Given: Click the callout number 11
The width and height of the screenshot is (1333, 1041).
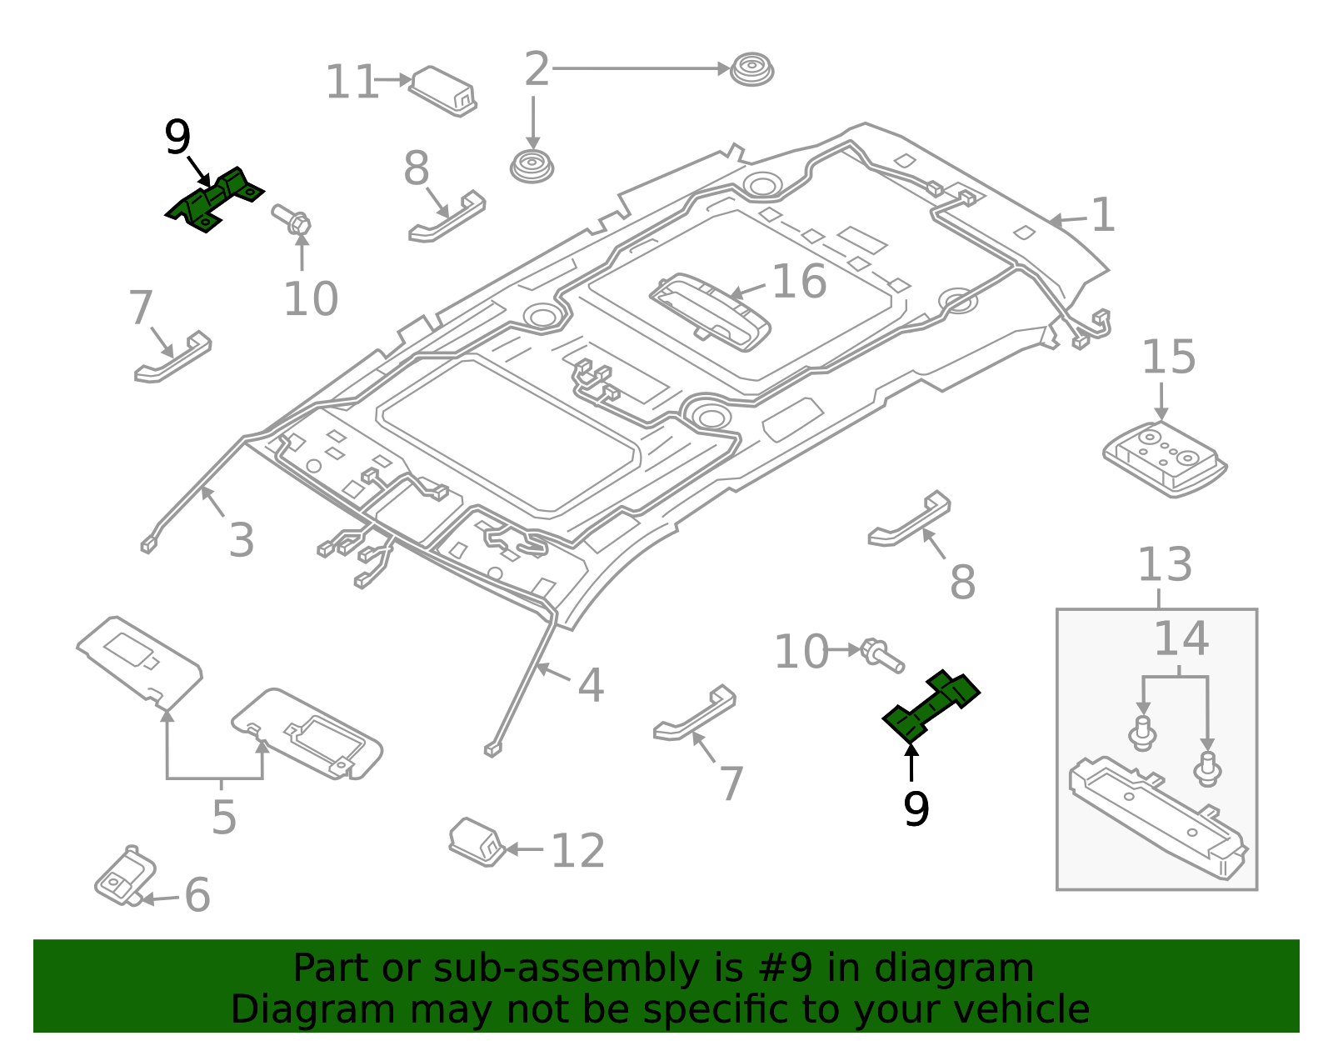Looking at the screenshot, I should pyautogui.click(x=352, y=83).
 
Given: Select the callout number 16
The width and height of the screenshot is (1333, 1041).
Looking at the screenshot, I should pyautogui.click(x=799, y=282).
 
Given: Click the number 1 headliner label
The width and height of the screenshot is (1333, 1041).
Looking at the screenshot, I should pyautogui.click(x=1103, y=216).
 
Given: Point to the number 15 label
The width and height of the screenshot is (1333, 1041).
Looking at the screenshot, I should pyautogui.click(x=1168, y=358).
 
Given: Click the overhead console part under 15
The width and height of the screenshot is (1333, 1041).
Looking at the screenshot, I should pyautogui.click(x=1165, y=458).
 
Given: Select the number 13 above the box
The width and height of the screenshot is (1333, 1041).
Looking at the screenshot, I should pyautogui.click(x=1165, y=565).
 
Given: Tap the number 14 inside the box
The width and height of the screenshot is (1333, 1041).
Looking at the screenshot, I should pyautogui.click(x=1181, y=639).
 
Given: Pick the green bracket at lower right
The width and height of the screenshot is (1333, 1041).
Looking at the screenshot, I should pyautogui.click(x=931, y=705).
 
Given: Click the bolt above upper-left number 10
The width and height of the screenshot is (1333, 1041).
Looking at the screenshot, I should pyautogui.click(x=292, y=219).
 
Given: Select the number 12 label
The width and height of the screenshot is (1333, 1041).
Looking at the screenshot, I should pyautogui.click(x=577, y=851).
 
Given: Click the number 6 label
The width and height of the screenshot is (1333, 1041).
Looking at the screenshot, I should pyautogui.click(x=197, y=895).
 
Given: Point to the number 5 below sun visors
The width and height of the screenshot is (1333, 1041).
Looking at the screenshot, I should pyautogui.click(x=223, y=817).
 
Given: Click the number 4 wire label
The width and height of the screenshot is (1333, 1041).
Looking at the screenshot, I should pyautogui.click(x=590, y=686).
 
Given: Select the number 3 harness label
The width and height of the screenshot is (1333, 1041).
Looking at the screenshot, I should pyautogui.click(x=241, y=541).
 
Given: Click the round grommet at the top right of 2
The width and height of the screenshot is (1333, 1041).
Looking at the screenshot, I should pyautogui.click(x=751, y=69).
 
